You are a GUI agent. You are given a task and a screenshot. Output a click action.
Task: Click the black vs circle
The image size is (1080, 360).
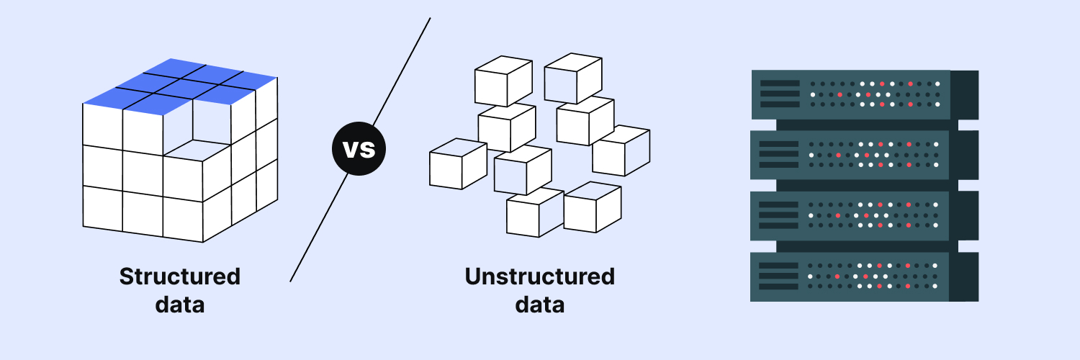click(x=359, y=150)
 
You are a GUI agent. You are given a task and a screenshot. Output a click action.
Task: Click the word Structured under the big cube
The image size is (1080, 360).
click(x=180, y=276)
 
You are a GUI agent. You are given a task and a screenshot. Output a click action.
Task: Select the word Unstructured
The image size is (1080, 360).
click(x=539, y=276)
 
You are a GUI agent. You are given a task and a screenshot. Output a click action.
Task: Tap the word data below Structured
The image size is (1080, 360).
click(x=180, y=304)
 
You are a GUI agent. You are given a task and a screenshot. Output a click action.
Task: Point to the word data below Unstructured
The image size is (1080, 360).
click(x=539, y=304)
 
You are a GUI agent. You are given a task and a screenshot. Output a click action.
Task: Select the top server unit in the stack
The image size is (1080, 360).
click(x=864, y=94)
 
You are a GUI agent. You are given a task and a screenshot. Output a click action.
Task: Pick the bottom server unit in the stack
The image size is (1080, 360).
click(x=864, y=276)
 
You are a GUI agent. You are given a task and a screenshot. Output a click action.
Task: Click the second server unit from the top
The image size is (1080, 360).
click(x=864, y=155)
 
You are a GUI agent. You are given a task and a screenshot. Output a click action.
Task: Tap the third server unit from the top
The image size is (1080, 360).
click(x=864, y=215)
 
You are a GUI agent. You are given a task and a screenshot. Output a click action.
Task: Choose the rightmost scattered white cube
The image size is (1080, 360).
click(x=621, y=150)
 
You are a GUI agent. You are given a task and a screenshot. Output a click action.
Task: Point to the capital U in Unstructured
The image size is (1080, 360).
click(x=474, y=276)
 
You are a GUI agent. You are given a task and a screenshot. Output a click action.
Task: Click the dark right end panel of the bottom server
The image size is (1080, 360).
click(x=965, y=276)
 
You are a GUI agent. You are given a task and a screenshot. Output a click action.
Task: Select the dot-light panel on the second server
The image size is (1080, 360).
click(x=874, y=155)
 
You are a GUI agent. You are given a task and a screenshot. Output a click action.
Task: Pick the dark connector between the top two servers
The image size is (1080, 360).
click(x=864, y=125)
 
